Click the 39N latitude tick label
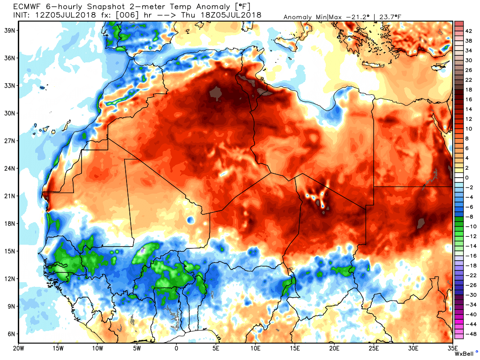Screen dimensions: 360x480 pos(8,30)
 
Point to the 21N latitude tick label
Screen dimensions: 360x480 pos(8,195)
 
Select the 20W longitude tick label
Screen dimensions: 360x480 pos(19,348)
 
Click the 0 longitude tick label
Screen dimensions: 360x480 pos(176,348)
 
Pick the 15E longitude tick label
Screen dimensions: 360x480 pos(294,348)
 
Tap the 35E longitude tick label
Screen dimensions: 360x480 pos(452,348)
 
